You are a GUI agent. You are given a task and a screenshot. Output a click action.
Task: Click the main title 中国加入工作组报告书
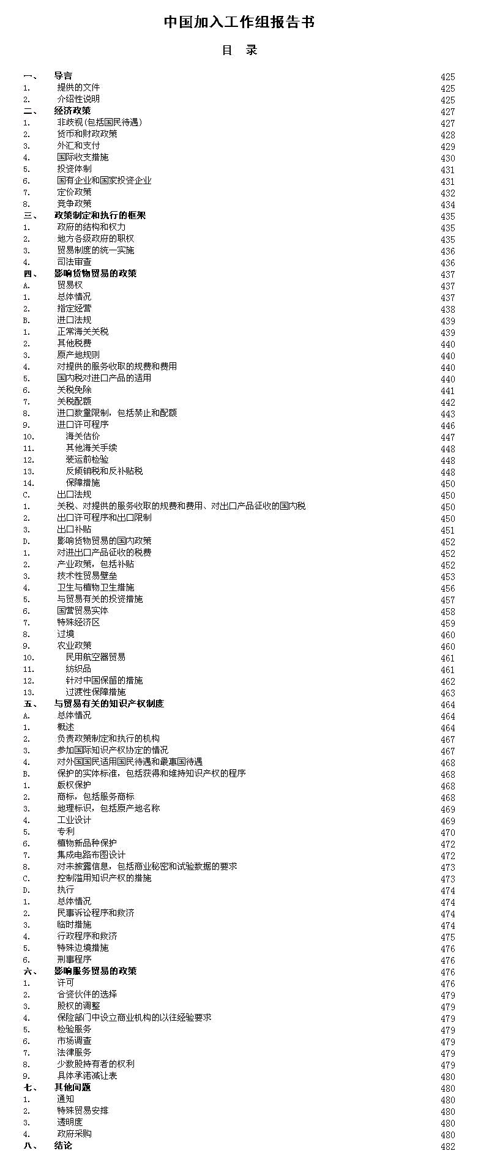click(239, 23)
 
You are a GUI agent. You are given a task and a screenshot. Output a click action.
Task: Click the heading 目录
click(239, 50)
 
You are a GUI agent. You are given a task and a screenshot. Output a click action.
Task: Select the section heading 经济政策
click(72, 111)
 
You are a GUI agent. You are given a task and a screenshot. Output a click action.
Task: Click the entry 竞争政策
click(74, 204)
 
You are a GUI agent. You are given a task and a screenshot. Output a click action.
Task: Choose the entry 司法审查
click(74, 262)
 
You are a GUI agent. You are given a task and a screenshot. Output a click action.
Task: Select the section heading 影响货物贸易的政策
click(95, 274)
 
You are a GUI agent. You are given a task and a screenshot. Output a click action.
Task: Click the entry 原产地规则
click(78, 355)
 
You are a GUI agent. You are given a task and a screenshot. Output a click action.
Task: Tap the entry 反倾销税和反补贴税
click(104, 471)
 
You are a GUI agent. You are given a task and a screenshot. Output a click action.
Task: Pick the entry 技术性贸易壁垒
click(87, 576)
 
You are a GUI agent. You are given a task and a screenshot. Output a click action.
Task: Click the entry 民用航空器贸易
click(95, 657)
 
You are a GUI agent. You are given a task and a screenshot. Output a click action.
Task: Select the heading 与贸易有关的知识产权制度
click(109, 704)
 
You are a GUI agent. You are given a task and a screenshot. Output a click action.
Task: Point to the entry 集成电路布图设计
click(91, 855)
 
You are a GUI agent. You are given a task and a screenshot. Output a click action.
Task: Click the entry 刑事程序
click(74, 960)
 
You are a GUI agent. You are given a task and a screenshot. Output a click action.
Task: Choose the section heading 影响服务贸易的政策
click(95, 971)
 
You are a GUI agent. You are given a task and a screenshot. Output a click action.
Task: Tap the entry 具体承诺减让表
click(87, 1076)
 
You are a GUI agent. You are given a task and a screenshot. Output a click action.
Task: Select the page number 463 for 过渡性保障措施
click(447, 693)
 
